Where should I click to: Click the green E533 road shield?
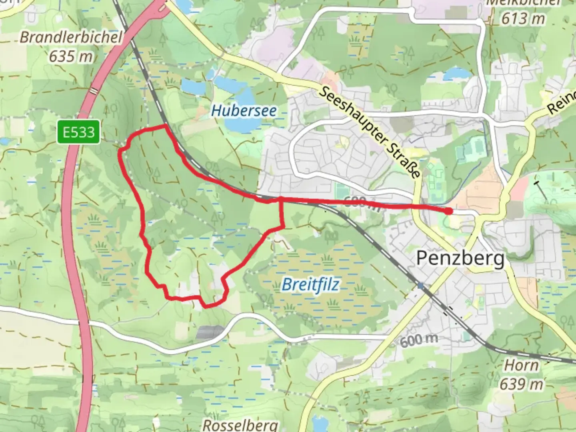tap(78, 132)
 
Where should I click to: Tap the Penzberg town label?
tap(460, 258)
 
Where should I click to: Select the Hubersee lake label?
tap(244, 110)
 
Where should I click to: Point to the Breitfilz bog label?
tap(310, 285)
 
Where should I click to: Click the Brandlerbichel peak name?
tap(71, 37)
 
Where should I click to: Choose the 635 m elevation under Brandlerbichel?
tap(71, 56)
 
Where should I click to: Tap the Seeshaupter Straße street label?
tap(370, 132)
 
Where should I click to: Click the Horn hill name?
tap(521, 365)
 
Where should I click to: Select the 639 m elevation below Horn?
tap(522, 384)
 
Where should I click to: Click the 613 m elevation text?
tap(523, 18)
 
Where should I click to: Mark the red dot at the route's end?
tap(449, 211)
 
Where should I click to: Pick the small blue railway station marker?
tap(420, 286)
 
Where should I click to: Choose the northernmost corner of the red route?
tap(165, 126)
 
